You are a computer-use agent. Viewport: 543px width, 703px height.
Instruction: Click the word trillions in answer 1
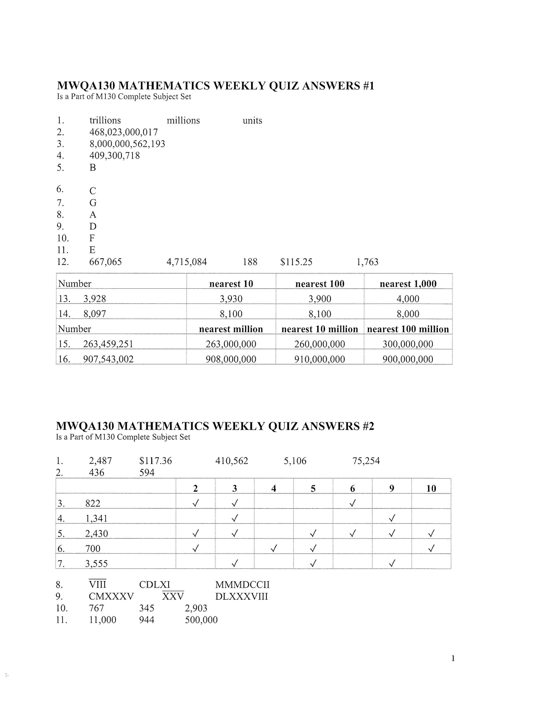click(x=105, y=120)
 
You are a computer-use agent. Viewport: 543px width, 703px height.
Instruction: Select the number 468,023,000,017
click(x=124, y=132)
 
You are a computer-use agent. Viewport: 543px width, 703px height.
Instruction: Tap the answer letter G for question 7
click(x=93, y=203)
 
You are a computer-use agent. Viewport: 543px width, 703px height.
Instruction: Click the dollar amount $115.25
click(x=296, y=262)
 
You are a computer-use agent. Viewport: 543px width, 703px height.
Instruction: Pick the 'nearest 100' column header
click(x=319, y=284)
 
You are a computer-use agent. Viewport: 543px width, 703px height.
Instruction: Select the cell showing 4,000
click(x=408, y=299)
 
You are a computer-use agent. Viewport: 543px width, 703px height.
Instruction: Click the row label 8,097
click(x=95, y=314)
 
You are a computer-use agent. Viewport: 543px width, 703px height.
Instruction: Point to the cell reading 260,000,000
click(x=319, y=344)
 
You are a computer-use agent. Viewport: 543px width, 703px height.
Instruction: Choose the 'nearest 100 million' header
click(x=408, y=329)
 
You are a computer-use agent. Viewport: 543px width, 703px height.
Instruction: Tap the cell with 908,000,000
click(x=231, y=359)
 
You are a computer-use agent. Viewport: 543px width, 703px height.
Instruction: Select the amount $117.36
click(x=155, y=461)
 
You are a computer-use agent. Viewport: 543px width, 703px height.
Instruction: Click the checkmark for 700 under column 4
click(x=273, y=548)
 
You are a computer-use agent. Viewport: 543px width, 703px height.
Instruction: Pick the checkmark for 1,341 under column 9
click(x=391, y=518)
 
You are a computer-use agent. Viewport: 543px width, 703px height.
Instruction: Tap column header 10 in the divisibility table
click(x=431, y=489)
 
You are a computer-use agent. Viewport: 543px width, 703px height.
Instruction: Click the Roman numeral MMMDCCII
click(x=242, y=585)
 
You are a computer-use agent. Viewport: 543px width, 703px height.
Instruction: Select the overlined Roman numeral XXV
click(x=173, y=596)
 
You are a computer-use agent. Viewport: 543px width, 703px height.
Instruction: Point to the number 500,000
click(x=201, y=620)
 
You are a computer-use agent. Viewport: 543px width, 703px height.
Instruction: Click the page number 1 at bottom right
click(x=453, y=659)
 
